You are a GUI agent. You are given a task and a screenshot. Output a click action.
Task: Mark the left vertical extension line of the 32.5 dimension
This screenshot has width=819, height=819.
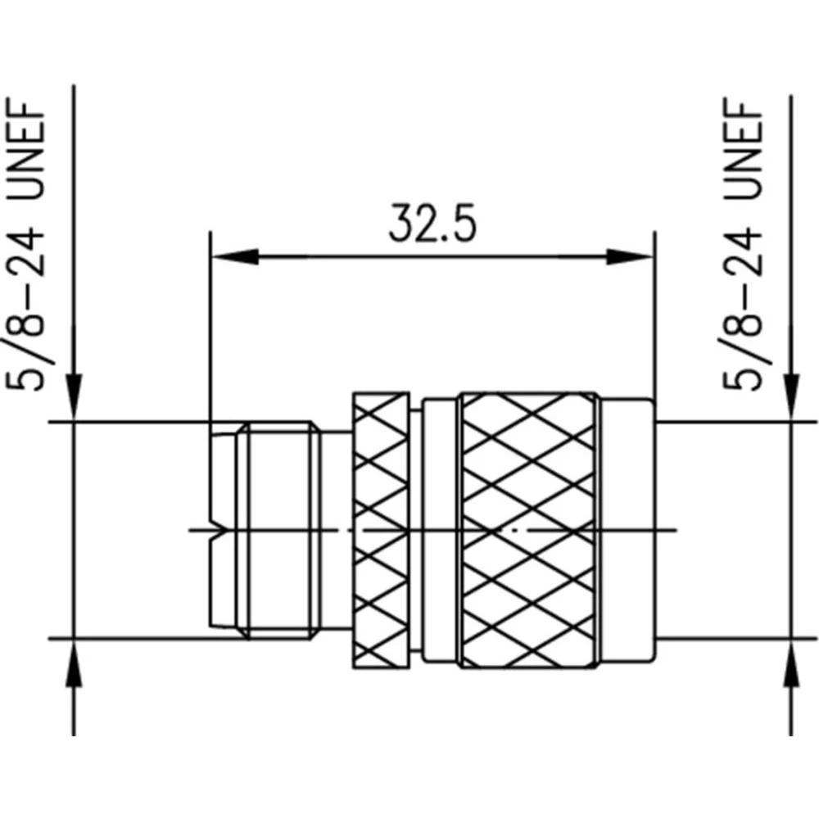click(x=210, y=328)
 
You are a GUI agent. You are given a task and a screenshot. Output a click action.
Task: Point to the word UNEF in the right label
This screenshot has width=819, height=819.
click(x=743, y=152)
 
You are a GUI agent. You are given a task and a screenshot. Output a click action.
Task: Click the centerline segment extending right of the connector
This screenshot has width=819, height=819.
click(x=667, y=530)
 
